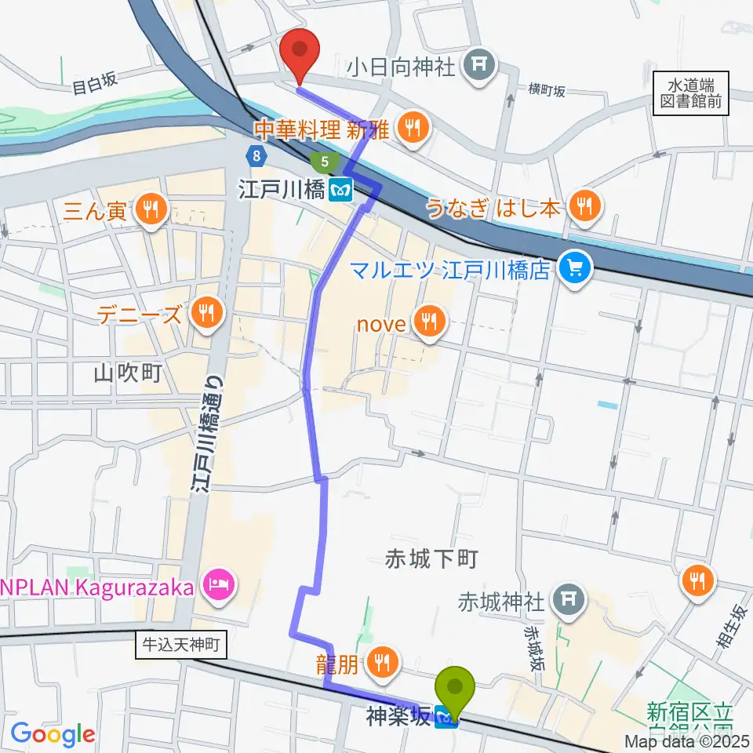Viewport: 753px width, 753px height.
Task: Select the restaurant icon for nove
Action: tap(428, 319)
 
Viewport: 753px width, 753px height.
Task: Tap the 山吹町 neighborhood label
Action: tap(128, 373)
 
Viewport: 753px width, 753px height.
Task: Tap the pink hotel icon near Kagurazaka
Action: tap(214, 584)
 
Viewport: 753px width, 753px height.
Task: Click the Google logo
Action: tap(53, 734)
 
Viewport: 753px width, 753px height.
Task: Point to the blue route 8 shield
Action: tap(256, 157)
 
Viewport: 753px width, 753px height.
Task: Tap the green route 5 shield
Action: tap(324, 163)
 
